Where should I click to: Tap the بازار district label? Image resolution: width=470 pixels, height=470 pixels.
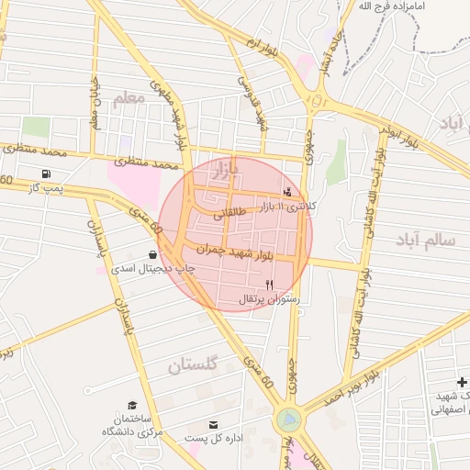pyautogui.click(x=224, y=169)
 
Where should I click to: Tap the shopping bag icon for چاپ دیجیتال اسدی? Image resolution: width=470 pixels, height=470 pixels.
pyautogui.click(x=152, y=254)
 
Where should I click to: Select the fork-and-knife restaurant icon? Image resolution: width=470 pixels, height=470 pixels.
pyautogui.click(x=269, y=285)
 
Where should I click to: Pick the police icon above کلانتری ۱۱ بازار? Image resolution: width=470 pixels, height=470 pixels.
pyautogui.click(x=289, y=192)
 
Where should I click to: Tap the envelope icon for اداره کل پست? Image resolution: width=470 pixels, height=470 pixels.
pyautogui.click(x=214, y=424)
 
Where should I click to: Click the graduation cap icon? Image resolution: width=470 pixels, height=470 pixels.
pyautogui.click(x=132, y=405)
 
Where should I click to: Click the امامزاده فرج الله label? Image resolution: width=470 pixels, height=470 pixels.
pyautogui.click(x=395, y=6)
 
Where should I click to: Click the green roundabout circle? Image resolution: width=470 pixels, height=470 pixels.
pyautogui.click(x=288, y=420)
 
